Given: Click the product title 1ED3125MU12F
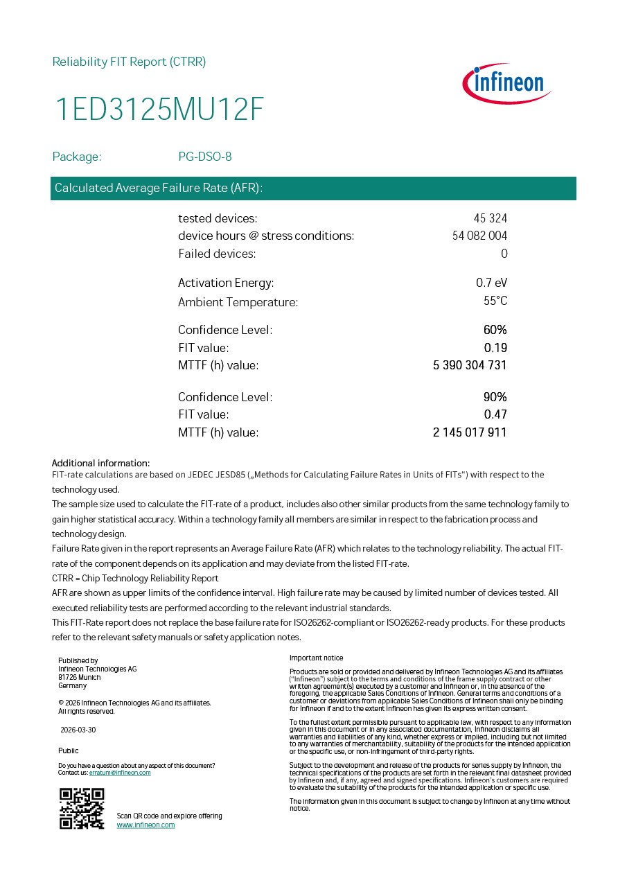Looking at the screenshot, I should click(159, 110).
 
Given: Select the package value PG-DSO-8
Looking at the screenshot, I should click(205, 157).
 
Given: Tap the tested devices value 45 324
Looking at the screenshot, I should click(490, 218).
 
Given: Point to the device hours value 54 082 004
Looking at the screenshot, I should click(479, 236).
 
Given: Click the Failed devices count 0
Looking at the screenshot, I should click(504, 254).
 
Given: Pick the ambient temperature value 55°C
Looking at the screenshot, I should click(495, 301).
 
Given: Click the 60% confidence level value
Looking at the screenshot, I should click(495, 330).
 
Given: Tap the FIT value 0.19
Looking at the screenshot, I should click(495, 348).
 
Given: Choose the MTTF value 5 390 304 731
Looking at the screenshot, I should click(470, 365).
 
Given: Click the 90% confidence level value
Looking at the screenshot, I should click(495, 397).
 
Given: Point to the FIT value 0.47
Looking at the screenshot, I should click(495, 414).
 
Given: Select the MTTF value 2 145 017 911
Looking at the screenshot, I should click(470, 432).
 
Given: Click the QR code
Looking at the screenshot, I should click(82, 809).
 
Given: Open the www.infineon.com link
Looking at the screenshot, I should click(145, 825).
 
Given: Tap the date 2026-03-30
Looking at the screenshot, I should click(78, 730).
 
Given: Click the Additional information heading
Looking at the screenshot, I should click(100, 463).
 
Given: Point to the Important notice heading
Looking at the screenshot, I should click(316, 658).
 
